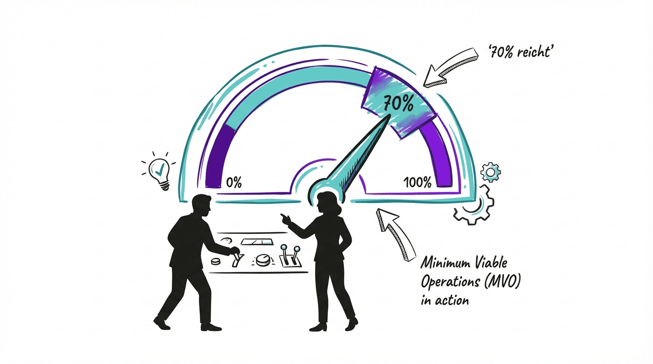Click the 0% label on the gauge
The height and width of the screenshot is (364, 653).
tap(233, 182)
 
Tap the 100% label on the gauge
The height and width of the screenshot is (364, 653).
tap(418, 182)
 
